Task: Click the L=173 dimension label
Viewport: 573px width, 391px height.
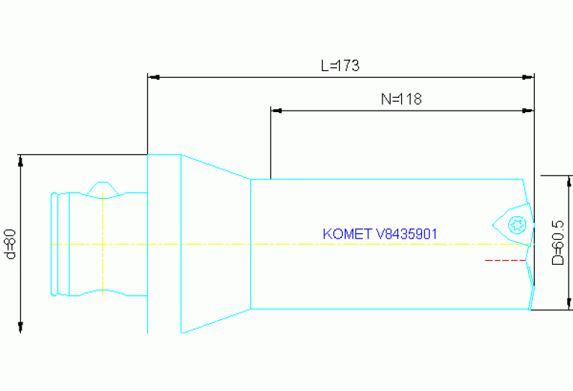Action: (340, 66)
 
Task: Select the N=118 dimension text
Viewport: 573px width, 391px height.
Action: (401, 99)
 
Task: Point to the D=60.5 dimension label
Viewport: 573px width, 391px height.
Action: (557, 243)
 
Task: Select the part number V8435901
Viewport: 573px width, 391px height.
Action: (406, 234)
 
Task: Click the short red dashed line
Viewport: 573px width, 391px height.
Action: (501, 260)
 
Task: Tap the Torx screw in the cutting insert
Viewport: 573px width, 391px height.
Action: (515, 224)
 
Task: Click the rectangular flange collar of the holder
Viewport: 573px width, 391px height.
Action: (164, 244)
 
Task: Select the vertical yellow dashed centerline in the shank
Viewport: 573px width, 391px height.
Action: (102, 244)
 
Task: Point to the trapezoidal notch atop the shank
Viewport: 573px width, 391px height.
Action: (102, 187)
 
